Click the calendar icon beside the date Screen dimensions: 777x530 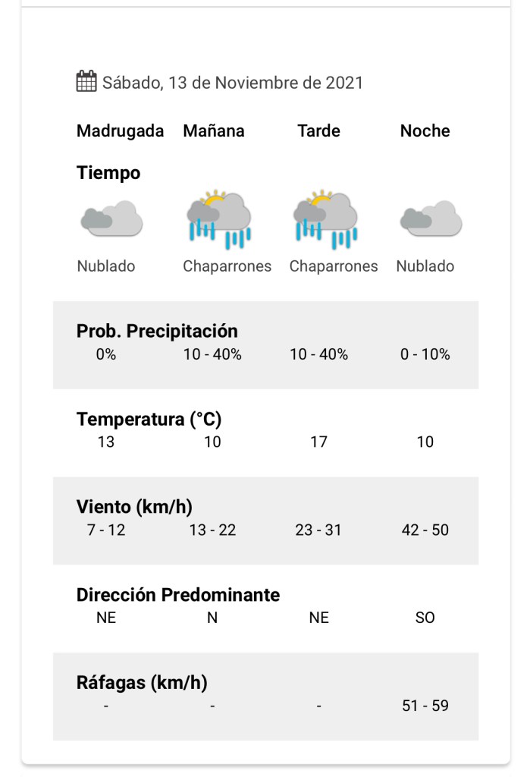(x=86, y=81)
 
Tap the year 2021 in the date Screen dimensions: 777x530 (x=344, y=83)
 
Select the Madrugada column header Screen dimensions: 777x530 (x=120, y=131)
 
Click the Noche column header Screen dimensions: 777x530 (x=425, y=131)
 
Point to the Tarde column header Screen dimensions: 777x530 (x=318, y=131)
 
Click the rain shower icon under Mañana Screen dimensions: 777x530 (x=219, y=219)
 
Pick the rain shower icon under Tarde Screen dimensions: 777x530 (x=325, y=219)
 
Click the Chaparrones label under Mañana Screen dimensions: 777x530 (x=227, y=266)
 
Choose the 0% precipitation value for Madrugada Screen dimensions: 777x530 (x=106, y=354)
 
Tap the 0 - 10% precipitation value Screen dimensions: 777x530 (x=425, y=354)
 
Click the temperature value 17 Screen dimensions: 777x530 (x=318, y=442)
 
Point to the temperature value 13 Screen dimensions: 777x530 (x=106, y=442)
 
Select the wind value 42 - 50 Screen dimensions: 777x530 (x=425, y=530)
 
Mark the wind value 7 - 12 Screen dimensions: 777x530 (x=106, y=530)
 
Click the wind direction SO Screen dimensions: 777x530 (x=425, y=618)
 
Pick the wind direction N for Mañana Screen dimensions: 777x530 (x=212, y=618)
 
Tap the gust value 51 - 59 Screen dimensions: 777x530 (x=425, y=706)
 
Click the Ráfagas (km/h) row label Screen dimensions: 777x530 (x=142, y=682)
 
